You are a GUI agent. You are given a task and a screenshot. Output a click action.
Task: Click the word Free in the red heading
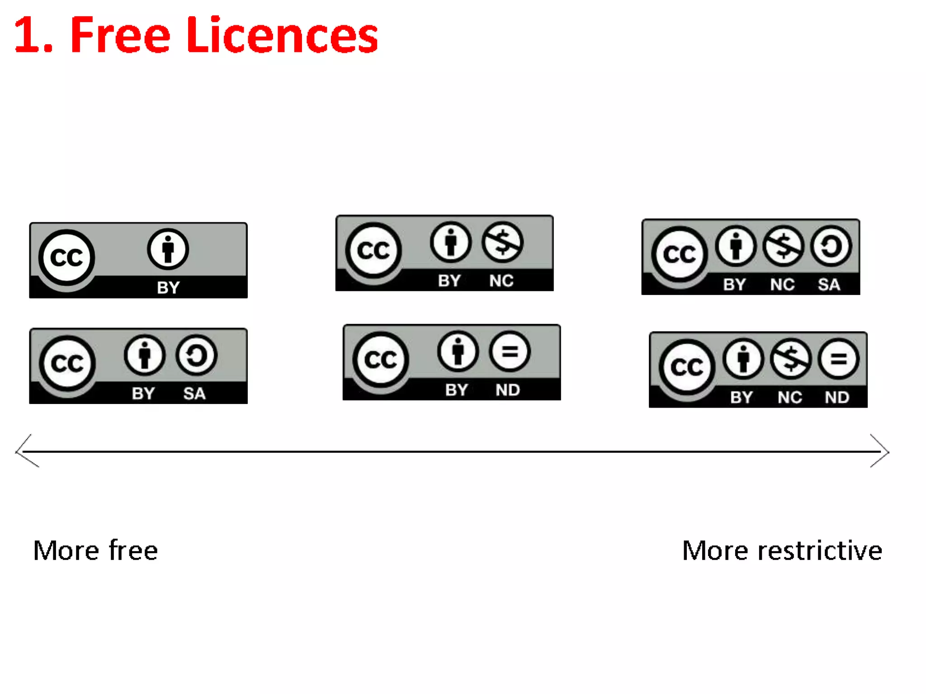[120, 35]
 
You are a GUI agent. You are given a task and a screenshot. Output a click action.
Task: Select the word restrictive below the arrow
[820, 551]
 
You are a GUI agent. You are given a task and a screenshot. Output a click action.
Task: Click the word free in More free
[133, 550]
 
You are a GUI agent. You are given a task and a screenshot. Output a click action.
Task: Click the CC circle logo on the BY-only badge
[66, 258]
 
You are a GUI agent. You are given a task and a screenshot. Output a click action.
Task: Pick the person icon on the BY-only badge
[168, 249]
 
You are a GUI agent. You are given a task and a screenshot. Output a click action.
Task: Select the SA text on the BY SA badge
[194, 394]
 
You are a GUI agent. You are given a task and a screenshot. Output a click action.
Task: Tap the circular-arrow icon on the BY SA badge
[196, 356]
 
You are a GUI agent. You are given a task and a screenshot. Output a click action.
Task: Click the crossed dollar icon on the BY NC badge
[502, 243]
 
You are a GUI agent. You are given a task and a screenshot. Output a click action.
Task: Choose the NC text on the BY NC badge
[501, 281]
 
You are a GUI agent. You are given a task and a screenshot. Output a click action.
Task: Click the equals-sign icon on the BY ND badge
[510, 352]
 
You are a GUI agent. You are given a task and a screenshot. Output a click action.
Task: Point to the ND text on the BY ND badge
[508, 390]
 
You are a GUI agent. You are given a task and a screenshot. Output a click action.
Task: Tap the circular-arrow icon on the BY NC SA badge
[831, 246]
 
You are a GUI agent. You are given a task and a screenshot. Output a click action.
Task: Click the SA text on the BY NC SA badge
[829, 285]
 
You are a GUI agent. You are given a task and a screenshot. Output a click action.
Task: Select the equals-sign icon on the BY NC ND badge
[838, 359]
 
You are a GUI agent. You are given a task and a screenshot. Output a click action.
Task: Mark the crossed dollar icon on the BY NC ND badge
[790, 359]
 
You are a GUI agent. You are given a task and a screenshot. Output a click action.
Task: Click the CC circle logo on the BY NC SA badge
[679, 254]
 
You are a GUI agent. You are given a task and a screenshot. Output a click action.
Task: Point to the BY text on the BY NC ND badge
[742, 398]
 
